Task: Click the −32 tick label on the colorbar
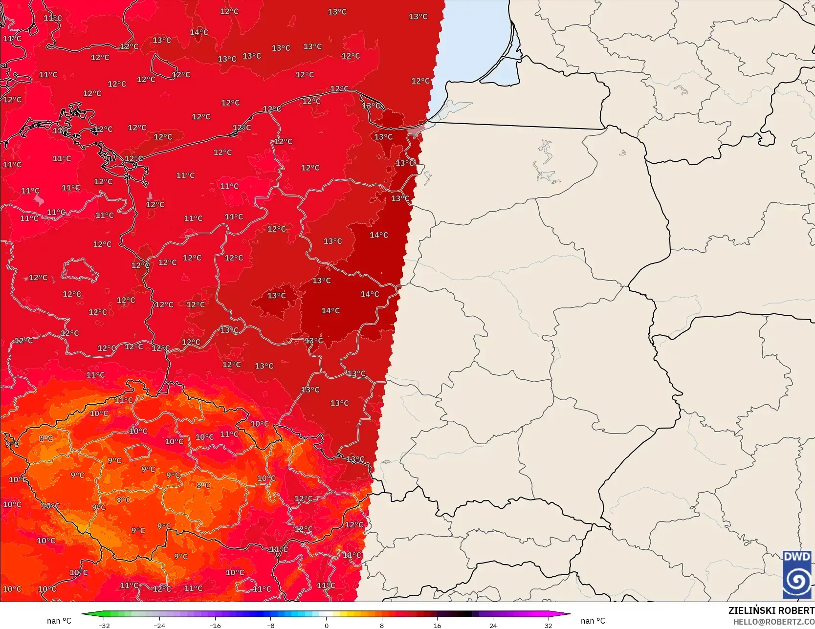point(104,625)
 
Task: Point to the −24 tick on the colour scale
point(159,625)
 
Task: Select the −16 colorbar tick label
point(215,625)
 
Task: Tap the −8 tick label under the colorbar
point(271,625)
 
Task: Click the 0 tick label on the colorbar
point(327,625)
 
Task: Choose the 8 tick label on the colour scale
point(382,625)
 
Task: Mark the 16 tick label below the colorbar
point(437,625)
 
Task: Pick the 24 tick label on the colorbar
point(493,625)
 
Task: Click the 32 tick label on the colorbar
point(549,625)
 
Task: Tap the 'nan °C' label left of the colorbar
point(59,621)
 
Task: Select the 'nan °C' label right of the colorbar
point(593,621)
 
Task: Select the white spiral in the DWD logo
point(797,580)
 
